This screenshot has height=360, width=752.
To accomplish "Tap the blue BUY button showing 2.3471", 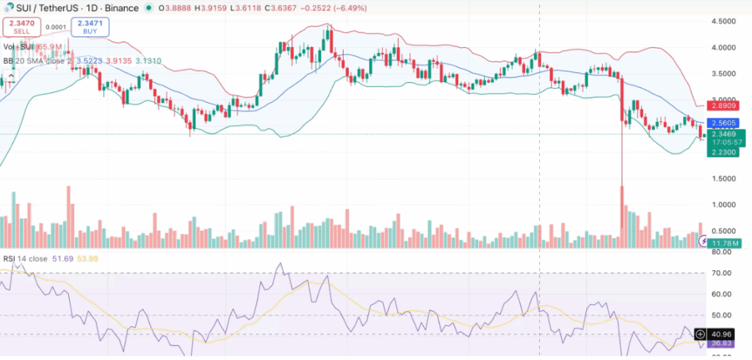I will [90, 27].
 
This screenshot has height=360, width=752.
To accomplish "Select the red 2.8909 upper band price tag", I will [726, 107].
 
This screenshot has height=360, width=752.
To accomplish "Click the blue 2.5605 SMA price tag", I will [726, 123].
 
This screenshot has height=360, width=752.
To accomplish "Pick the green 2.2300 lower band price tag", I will [726, 151].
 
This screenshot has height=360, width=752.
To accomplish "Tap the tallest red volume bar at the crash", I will [623, 213].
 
